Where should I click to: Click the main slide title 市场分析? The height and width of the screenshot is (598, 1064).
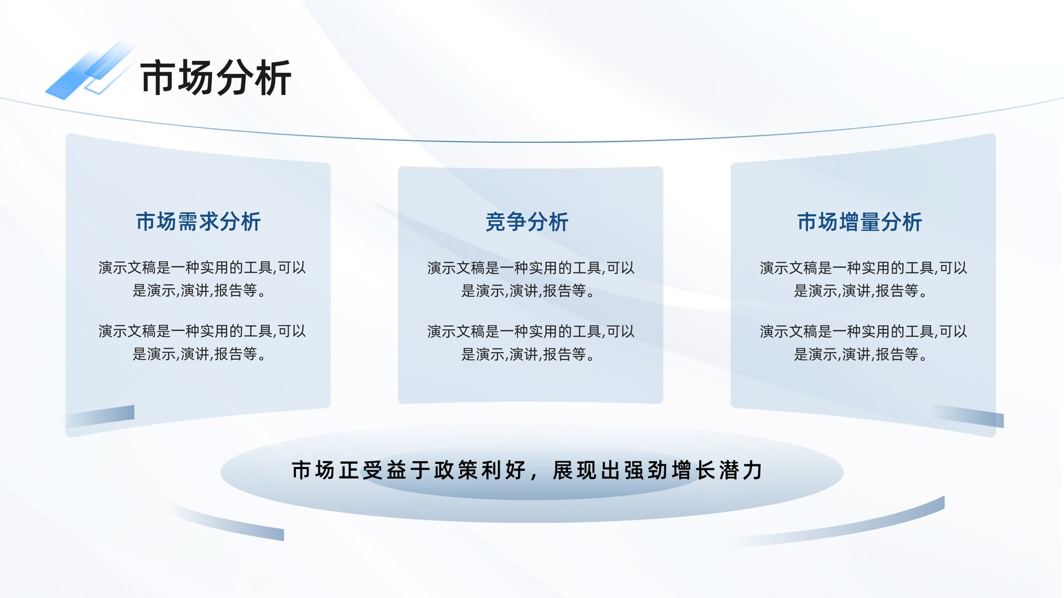click(215, 77)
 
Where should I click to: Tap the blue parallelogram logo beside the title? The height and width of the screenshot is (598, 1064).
click(89, 71)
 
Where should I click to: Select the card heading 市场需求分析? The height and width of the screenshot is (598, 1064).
click(199, 222)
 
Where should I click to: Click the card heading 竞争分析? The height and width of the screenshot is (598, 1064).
click(527, 222)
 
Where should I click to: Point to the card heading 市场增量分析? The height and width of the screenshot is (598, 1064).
click(860, 222)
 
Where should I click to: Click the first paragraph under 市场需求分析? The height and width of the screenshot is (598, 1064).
click(202, 279)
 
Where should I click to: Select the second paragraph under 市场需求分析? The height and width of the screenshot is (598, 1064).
click(202, 342)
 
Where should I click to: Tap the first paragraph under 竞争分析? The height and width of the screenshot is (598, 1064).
click(531, 279)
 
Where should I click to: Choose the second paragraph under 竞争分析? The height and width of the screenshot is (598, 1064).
click(531, 342)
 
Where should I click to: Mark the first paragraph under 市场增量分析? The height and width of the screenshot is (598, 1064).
click(863, 279)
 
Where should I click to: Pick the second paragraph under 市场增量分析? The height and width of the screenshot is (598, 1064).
click(863, 342)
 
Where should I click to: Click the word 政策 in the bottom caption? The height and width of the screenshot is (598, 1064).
click(456, 470)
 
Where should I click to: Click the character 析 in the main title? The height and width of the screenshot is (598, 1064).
click(273, 77)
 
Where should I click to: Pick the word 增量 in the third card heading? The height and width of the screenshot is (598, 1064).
click(860, 222)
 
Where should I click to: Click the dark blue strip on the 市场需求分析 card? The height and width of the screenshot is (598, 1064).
click(100, 416)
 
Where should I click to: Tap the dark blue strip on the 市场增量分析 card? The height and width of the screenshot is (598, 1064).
click(969, 416)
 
